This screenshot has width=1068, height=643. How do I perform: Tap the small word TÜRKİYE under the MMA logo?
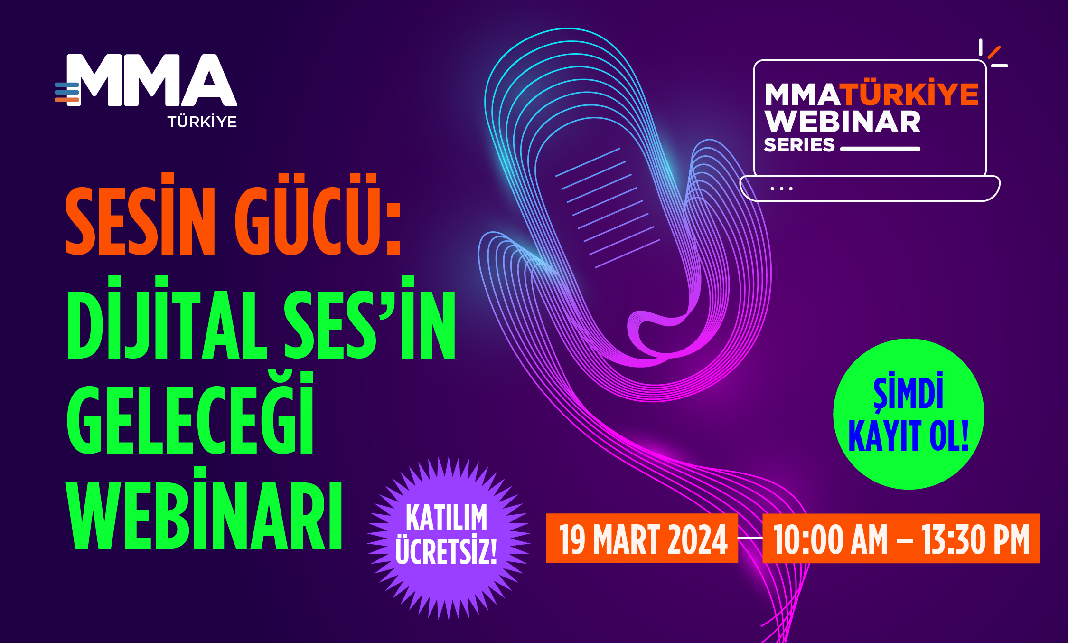(202, 122)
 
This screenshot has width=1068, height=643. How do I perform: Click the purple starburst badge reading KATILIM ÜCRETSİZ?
(448, 538)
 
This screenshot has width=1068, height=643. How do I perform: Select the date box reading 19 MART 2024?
(642, 539)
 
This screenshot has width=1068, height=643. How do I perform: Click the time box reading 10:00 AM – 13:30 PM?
(901, 539)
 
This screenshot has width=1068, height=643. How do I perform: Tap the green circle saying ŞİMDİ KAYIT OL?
(909, 414)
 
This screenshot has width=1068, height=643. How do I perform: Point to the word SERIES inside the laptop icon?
(799, 145)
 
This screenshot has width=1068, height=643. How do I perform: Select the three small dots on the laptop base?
(781, 189)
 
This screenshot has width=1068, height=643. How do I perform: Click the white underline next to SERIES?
(880, 149)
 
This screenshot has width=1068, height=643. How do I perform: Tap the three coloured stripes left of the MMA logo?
(67, 93)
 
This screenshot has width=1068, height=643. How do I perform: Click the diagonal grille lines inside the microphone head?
(608, 208)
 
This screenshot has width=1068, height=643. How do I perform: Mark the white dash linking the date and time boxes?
(750, 538)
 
